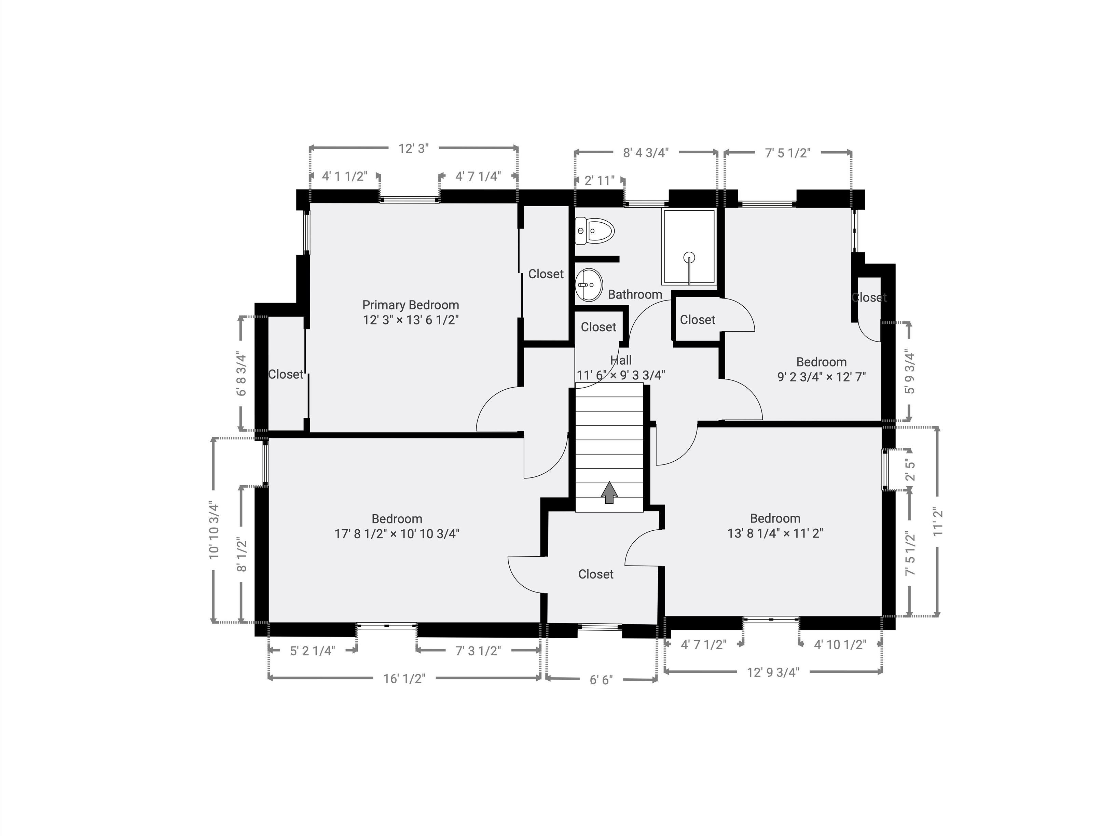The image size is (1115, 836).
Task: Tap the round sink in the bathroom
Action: pos(588,285)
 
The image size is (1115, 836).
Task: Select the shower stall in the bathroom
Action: pos(689,247)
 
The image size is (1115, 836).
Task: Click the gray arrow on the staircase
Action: pos(610,492)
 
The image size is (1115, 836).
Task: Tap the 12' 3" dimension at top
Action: pos(413,149)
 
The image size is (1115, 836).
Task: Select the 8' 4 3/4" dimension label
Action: pos(645,153)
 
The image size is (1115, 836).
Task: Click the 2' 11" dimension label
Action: pos(599,180)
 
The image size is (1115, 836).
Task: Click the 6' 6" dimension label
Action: pos(601,680)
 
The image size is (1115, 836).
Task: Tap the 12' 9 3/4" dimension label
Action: pos(773,672)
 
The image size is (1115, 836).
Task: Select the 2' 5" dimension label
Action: pos(910,470)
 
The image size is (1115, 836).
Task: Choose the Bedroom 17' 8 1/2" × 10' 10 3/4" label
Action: pos(397,527)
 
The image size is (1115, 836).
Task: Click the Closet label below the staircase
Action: pos(596,574)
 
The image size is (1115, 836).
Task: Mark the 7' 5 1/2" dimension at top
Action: pos(787,153)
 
